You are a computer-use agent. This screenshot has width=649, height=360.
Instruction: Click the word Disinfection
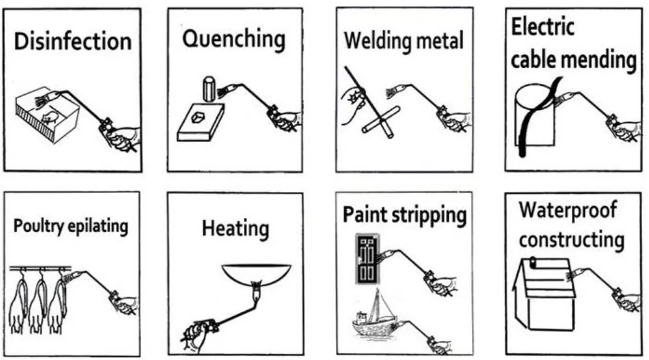pos(73,42)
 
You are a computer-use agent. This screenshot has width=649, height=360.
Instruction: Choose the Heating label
pos(235,228)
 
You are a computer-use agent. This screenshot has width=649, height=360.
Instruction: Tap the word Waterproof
pos(568,210)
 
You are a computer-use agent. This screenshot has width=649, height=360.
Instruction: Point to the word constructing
pos(571,239)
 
